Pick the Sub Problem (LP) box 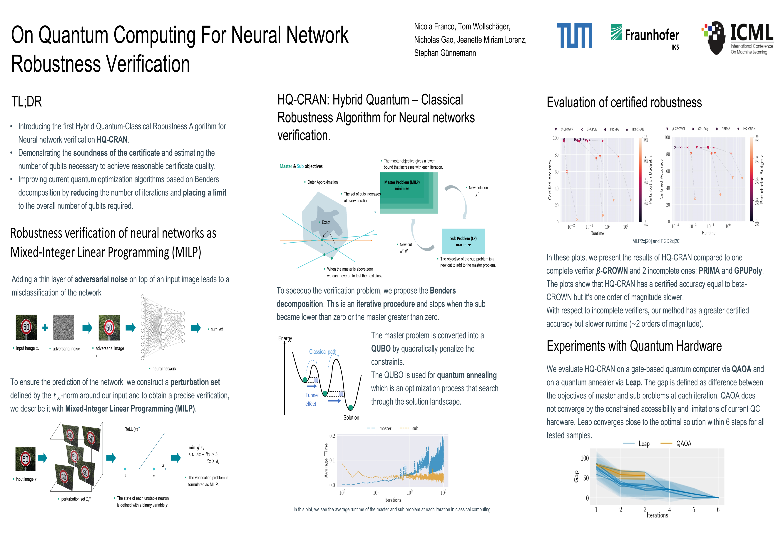(x=463, y=241)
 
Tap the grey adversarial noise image (x=64, y=327)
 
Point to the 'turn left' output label (x=217, y=329)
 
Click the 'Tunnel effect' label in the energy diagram (x=312, y=399)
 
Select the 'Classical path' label (x=322, y=352)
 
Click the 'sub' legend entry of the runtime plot (x=409, y=429)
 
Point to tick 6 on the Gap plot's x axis (x=718, y=510)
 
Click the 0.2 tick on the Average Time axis (x=332, y=436)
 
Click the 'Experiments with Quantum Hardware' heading (x=634, y=346)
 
